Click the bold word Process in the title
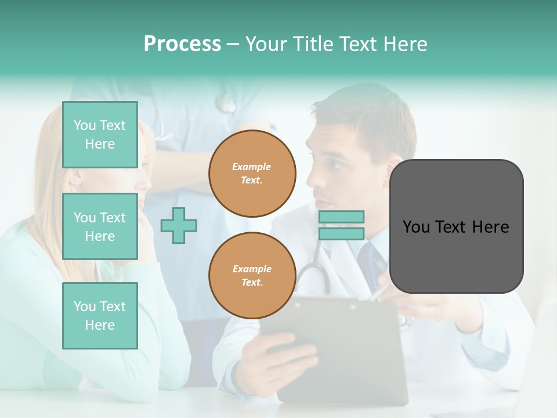182,44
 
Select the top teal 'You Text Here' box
100,135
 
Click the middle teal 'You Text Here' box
100,226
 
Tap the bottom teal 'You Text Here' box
100,316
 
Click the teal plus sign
179,225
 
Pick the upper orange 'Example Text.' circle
252,174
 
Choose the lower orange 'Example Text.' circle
252,276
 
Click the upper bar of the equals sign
341,217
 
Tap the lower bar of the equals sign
341,234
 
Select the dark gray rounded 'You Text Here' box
456,226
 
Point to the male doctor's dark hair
371,116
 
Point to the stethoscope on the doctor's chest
313,273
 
